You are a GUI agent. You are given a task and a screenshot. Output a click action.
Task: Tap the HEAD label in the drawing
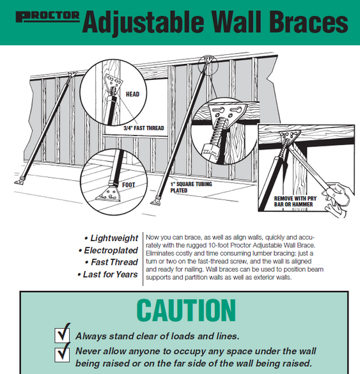[132, 95]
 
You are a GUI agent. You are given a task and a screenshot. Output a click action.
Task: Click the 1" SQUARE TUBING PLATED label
[191, 187]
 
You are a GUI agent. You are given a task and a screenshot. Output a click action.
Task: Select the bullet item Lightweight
[114, 238]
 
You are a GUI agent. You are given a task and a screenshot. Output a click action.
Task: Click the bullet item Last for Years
[110, 274]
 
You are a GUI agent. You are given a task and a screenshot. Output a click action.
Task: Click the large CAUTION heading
[185, 310]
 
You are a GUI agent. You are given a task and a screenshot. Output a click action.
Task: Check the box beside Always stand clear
[63, 334]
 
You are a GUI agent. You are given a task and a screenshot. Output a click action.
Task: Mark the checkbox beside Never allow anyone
[63, 352]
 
